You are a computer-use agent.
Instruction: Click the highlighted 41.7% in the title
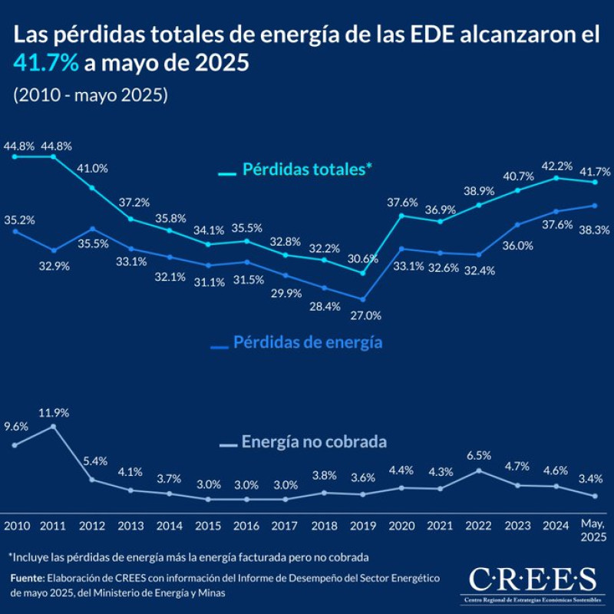point(45,64)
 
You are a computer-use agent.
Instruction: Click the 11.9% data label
point(54,412)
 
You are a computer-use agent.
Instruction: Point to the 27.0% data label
point(366,315)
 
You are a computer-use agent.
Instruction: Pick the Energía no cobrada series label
point(313,442)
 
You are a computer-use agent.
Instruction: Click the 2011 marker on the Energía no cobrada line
point(53,426)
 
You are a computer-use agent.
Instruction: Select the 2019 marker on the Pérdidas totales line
point(363,272)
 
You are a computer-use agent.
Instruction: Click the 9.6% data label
point(15,427)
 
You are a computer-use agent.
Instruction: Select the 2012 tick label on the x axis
point(92,526)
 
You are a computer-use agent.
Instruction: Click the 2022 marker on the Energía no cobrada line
point(479,470)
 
